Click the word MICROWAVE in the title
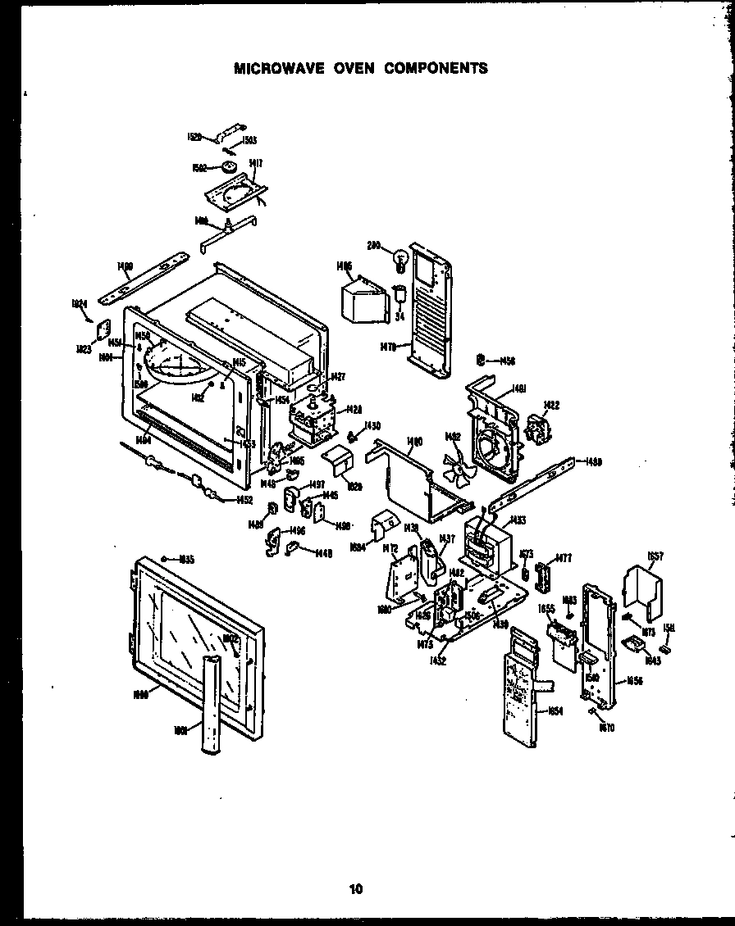tap(272, 68)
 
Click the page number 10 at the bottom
tap(354, 887)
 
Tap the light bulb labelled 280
tap(401, 260)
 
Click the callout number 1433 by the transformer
tap(518, 520)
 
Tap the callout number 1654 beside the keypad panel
tap(555, 711)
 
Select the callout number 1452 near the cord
tap(244, 499)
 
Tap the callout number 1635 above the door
tap(186, 560)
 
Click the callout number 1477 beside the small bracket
tap(563, 558)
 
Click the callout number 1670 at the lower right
tap(606, 727)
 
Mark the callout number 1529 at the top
tap(194, 137)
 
